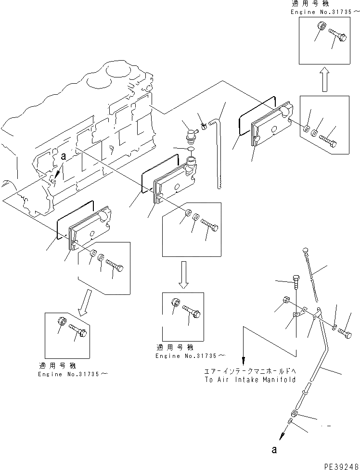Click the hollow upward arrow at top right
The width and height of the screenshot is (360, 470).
[x=325, y=79]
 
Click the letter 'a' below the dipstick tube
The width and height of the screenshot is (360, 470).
[x=274, y=451]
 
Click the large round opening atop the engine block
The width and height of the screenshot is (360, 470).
[x=116, y=72]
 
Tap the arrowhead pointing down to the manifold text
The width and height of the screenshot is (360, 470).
[x=244, y=360]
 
